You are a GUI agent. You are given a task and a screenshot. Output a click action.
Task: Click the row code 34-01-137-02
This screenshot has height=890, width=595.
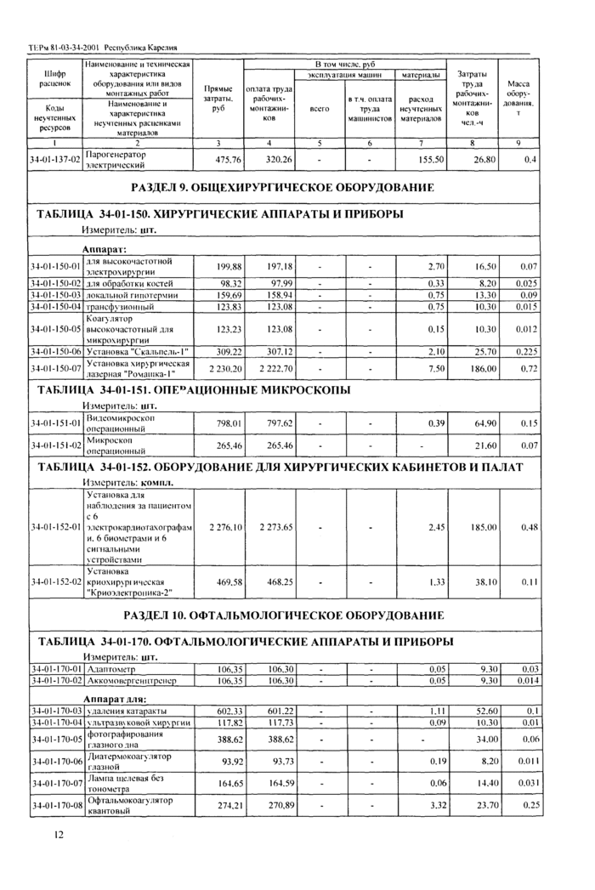(54, 159)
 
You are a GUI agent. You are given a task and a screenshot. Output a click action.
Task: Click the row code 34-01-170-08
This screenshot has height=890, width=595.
(54, 805)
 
